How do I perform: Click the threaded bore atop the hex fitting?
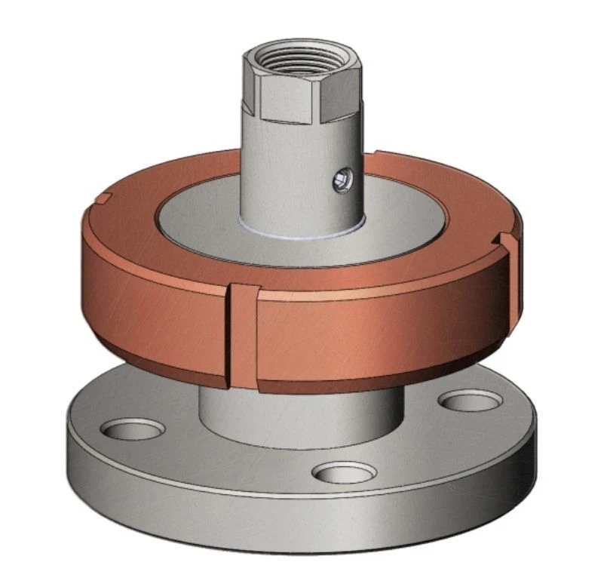pyautogui.click(x=302, y=59)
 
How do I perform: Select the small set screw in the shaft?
pyautogui.click(x=343, y=179)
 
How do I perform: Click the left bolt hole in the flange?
pyautogui.click(x=132, y=430)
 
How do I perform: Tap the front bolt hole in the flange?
pyautogui.click(x=344, y=473)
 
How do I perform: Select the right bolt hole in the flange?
pyautogui.click(x=470, y=401)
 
